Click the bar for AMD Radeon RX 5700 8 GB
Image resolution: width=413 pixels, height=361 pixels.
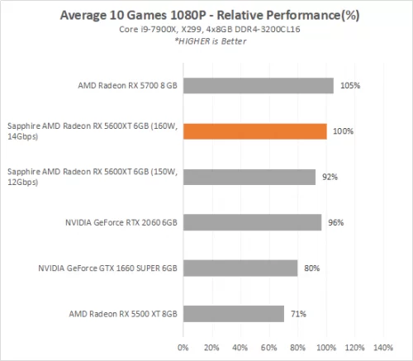[x=258, y=86]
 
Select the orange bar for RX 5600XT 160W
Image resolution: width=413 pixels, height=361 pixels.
[x=254, y=131]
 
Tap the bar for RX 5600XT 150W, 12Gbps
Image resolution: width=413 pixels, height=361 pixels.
[x=249, y=177]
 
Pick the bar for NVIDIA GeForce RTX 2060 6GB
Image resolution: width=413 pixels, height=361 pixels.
[x=252, y=222]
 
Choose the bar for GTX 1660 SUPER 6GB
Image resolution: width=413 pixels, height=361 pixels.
[x=240, y=268]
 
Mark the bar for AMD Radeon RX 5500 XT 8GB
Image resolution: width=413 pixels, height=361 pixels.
[x=234, y=313]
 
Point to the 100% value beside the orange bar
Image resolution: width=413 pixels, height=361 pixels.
[x=343, y=131]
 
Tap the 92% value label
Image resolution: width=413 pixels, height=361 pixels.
[x=330, y=177]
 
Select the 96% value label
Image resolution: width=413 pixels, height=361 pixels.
[x=335, y=222]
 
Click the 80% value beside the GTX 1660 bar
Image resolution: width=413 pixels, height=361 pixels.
[x=312, y=268]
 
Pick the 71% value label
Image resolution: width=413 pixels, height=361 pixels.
[x=299, y=313]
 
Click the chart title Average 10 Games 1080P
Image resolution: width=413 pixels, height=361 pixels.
[x=206, y=16]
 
